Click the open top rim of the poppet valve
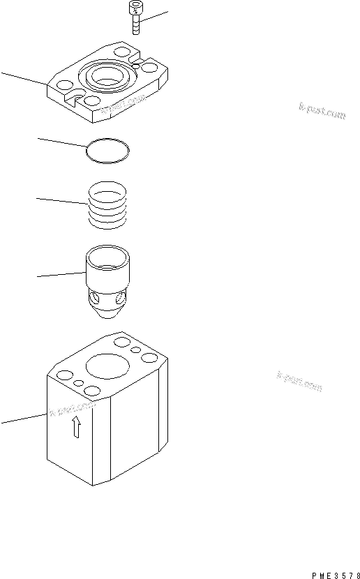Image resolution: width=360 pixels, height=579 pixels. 109,253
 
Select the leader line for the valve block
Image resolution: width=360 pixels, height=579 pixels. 24,417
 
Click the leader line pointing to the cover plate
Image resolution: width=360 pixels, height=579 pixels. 24,77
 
